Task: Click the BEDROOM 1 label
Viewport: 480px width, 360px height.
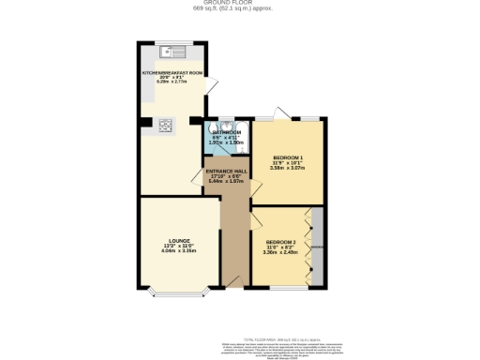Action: [x=287, y=157]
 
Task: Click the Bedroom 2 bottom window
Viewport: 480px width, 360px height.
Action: [x=279, y=286]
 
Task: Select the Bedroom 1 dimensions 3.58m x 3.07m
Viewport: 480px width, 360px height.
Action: [x=287, y=168]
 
